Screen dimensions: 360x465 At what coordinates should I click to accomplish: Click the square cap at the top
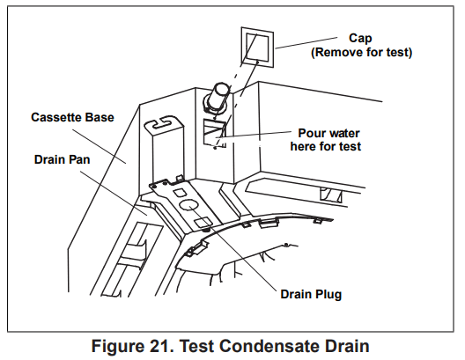[258, 46]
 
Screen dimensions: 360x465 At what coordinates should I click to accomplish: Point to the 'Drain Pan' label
[63, 159]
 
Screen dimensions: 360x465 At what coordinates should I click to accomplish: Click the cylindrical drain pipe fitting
[219, 95]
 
